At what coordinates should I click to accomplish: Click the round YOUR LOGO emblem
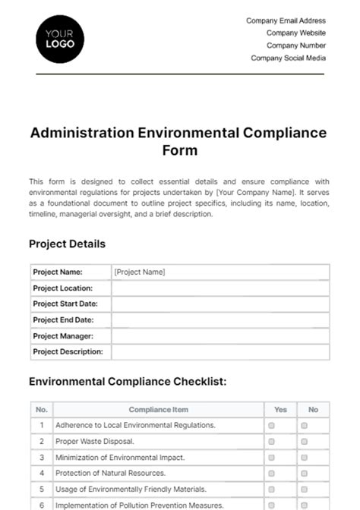tap(61, 39)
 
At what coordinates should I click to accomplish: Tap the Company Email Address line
tap(286, 21)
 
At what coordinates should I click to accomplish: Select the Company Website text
tap(295, 33)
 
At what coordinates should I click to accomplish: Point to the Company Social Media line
tap(288, 58)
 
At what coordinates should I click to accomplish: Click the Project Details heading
tap(67, 244)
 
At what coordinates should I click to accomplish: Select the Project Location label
tap(63, 288)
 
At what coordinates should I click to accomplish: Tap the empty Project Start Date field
tap(220, 304)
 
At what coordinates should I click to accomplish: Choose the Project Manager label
tap(63, 335)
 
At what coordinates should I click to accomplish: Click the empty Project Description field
tap(220, 351)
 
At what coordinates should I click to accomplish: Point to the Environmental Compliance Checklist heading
tap(128, 382)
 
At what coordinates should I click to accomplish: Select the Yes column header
tap(280, 410)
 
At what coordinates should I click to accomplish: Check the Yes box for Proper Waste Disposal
tap(271, 442)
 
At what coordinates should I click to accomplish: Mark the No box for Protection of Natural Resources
tap(304, 474)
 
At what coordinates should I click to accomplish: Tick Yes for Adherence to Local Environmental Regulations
tap(271, 426)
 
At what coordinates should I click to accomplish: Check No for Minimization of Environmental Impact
tap(304, 458)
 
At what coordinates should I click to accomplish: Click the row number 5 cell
tap(42, 490)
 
